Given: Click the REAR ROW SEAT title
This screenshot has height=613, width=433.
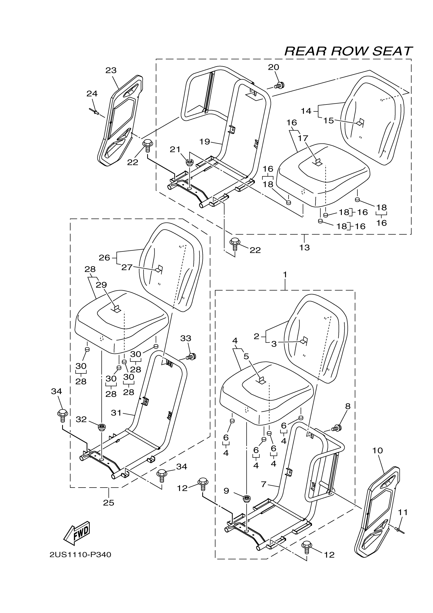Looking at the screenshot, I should point(348,51).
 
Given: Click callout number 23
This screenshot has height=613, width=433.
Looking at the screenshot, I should point(111,71).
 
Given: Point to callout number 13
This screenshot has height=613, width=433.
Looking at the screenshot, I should point(304,247).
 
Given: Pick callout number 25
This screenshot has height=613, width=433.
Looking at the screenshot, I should point(109,503).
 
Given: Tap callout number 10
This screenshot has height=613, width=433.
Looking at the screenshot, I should point(377,451).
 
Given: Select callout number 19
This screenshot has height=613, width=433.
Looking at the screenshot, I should point(205,142).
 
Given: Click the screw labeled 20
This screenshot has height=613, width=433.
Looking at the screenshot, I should point(279,85).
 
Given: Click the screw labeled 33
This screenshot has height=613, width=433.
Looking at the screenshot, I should point(192,356).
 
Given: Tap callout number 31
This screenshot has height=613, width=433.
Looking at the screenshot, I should point(116,413).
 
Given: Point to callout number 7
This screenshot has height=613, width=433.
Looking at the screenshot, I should point(264,484).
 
